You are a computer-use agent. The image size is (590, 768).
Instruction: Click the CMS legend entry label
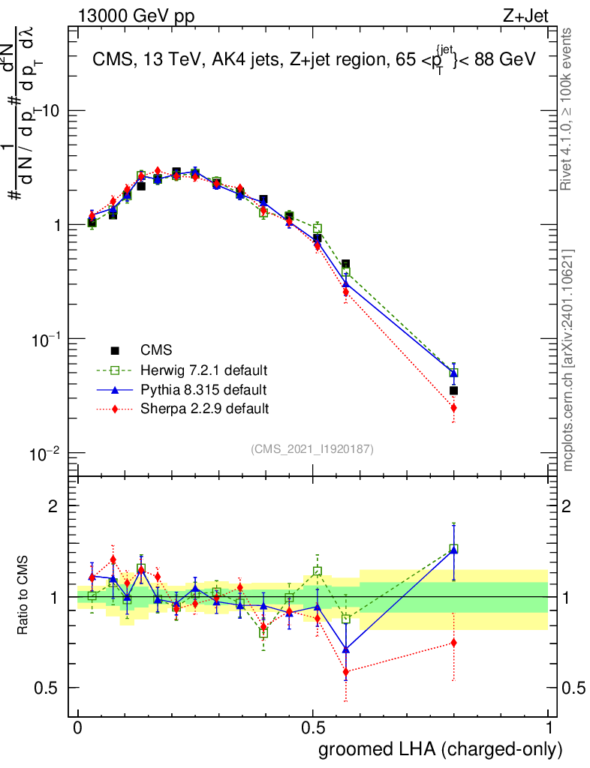click(156, 350)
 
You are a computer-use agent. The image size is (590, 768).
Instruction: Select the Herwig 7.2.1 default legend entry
click(203, 370)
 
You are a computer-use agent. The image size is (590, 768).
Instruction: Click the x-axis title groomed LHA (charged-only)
click(441, 749)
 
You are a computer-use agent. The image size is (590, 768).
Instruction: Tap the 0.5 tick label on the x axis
click(313, 728)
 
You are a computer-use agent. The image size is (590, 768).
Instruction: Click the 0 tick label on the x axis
click(77, 728)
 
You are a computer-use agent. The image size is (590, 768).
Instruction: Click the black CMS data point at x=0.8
click(453, 390)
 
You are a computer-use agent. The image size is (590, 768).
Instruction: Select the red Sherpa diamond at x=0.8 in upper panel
click(453, 408)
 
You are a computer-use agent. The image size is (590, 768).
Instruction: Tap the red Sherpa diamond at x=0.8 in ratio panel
click(453, 643)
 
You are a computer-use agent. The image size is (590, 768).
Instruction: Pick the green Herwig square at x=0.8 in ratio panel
click(453, 548)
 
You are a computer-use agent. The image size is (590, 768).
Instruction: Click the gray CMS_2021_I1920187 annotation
click(312, 448)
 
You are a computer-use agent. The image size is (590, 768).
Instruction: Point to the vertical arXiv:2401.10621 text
click(568, 360)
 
